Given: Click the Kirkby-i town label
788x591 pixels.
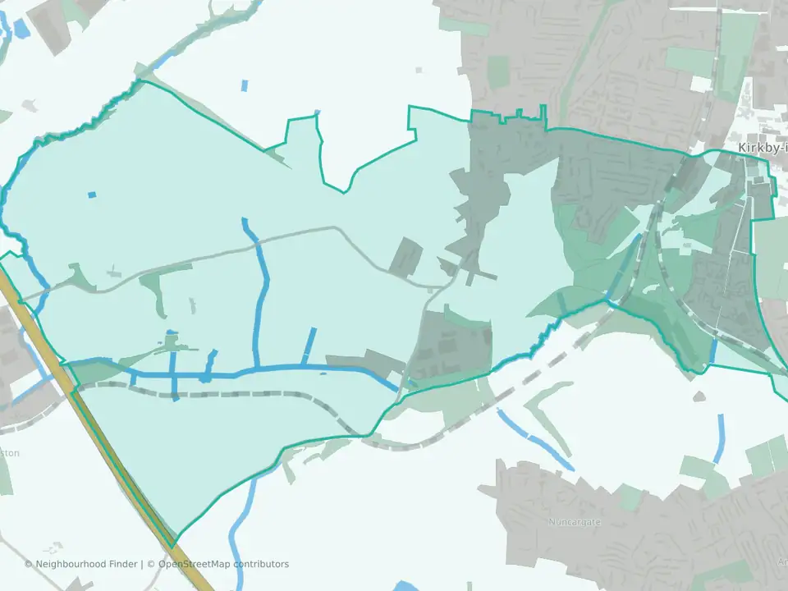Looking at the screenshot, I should point(763,148).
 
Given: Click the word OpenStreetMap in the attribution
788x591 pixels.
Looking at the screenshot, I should point(195,564).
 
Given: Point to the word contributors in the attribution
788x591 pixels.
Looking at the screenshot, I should point(261,564).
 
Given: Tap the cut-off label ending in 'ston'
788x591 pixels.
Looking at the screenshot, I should point(8,453).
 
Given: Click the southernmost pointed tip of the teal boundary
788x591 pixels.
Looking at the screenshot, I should point(173,546).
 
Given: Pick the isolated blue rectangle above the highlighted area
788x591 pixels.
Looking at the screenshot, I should point(245,85).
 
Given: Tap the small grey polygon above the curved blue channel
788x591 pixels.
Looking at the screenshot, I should point(699,396).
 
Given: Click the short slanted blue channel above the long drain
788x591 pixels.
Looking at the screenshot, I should point(309,345).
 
